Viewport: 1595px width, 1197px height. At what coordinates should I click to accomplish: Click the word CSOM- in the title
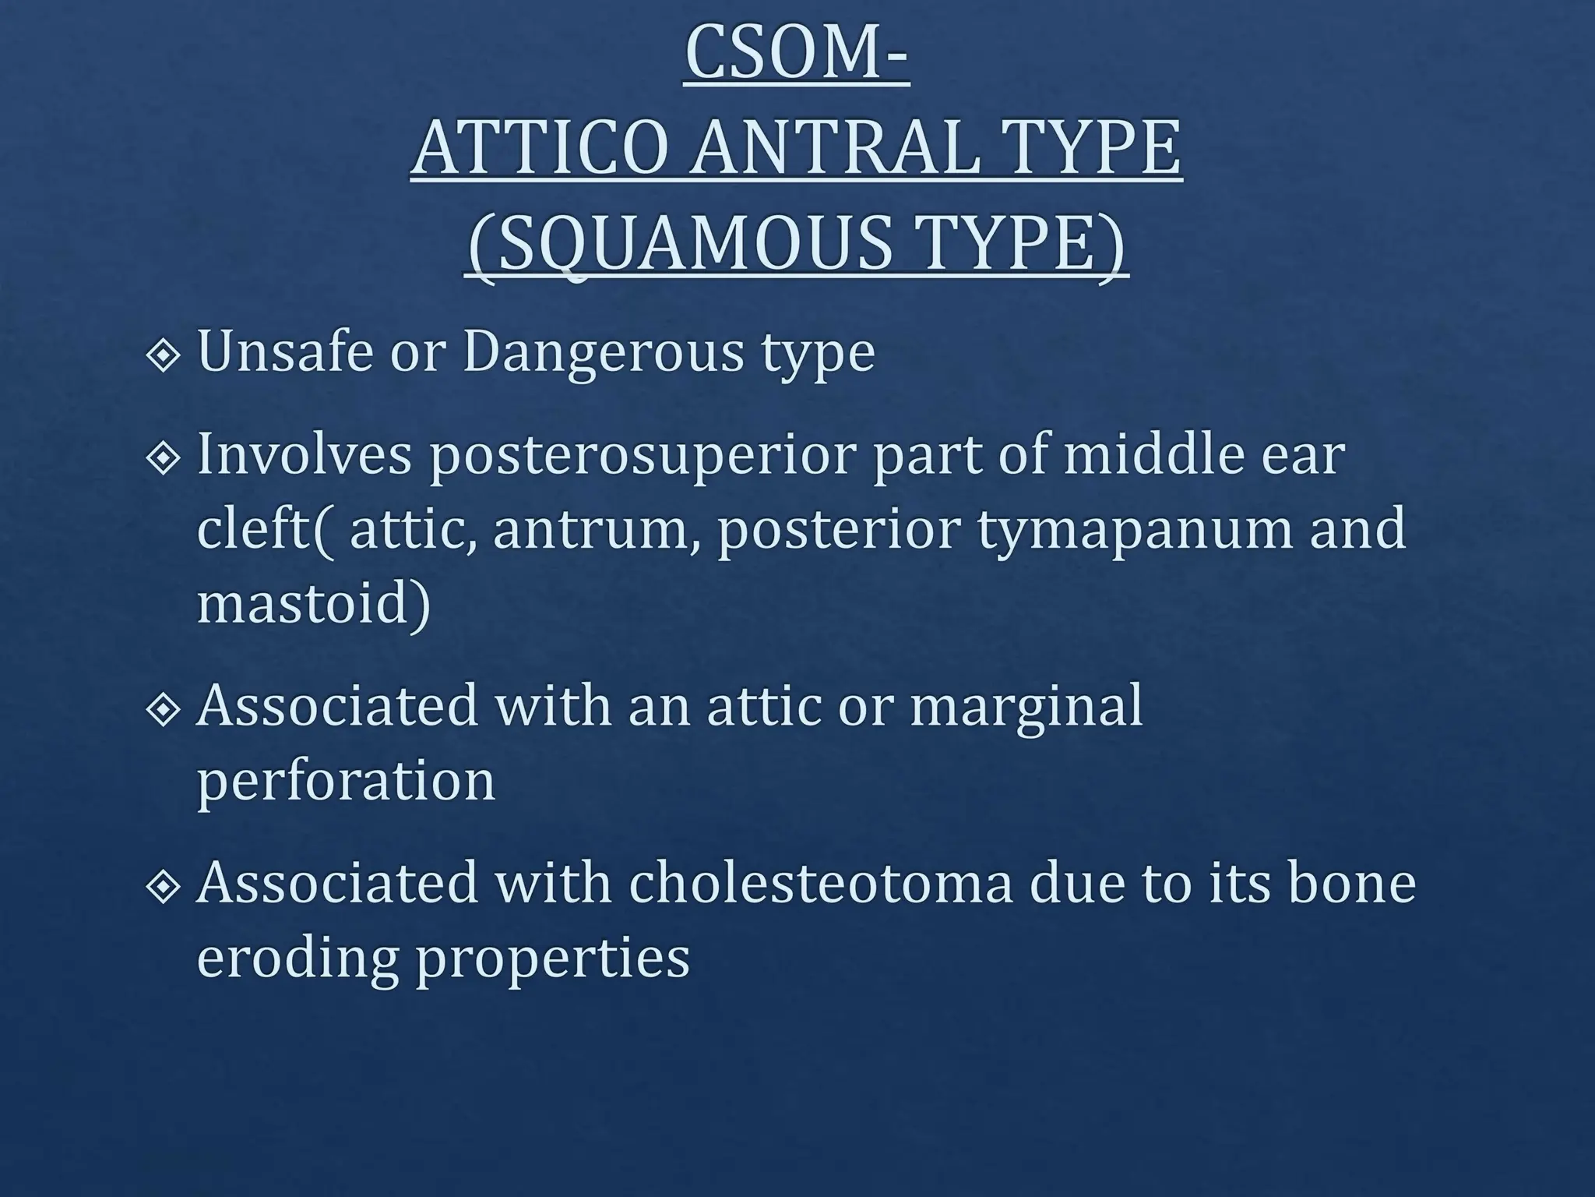tap(797, 55)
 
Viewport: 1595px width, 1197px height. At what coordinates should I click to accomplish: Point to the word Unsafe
tap(284, 351)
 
